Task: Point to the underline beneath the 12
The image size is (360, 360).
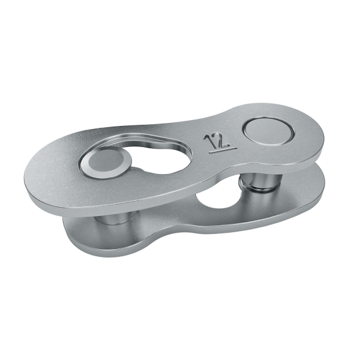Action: pyautogui.click(x=223, y=150)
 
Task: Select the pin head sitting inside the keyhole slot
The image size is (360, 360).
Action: pyautogui.click(x=106, y=163)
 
